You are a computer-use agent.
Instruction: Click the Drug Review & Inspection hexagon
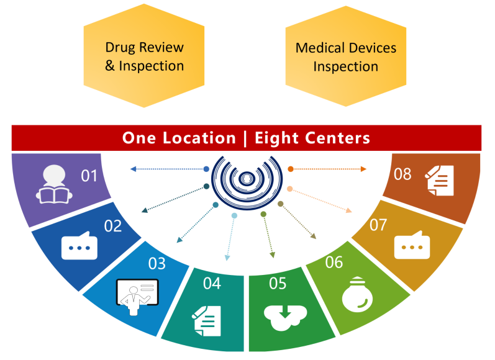pyautogui.click(x=144, y=56)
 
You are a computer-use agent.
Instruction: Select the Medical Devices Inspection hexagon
pyautogui.click(x=346, y=56)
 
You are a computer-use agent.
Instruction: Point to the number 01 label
pyautogui.click(x=89, y=176)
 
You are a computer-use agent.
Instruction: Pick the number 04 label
pyautogui.click(x=212, y=283)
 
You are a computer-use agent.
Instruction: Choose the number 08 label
pyautogui.click(x=402, y=174)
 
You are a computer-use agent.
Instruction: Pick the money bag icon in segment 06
pyautogui.click(x=358, y=296)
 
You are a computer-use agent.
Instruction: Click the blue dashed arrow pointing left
pyautogui.click(x=168, y=169)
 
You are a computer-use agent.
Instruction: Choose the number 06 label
pyautogui.click(x=334, y=262)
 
